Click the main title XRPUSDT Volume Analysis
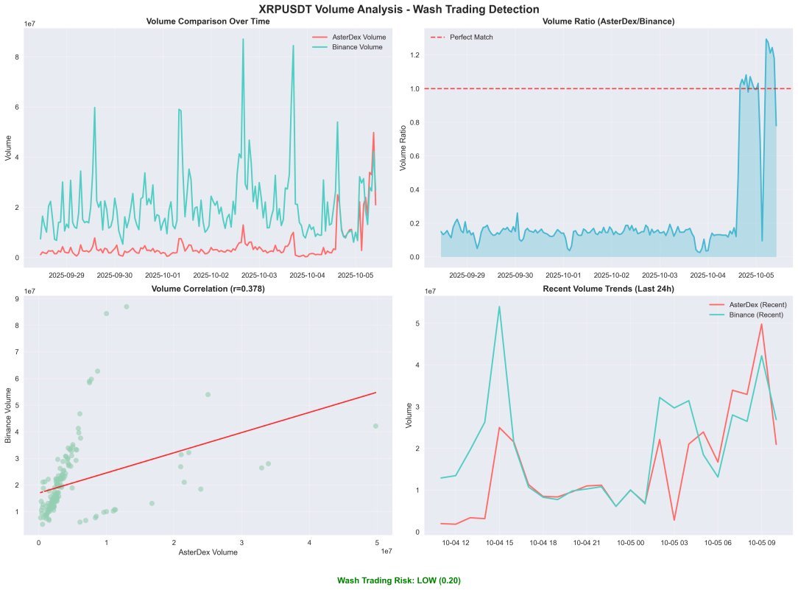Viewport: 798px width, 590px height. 399,9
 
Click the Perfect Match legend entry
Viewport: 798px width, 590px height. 471,37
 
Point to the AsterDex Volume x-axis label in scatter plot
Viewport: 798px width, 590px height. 208,552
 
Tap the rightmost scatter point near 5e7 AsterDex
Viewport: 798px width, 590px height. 375,426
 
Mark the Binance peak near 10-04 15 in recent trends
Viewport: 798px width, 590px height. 499,306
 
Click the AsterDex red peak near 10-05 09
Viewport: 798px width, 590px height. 761,324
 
